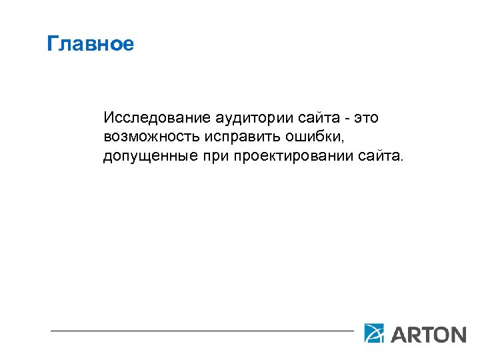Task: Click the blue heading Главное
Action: (x=91, y=45)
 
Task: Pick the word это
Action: (x=365, y=119)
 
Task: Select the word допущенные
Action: (x=146, y=157)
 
